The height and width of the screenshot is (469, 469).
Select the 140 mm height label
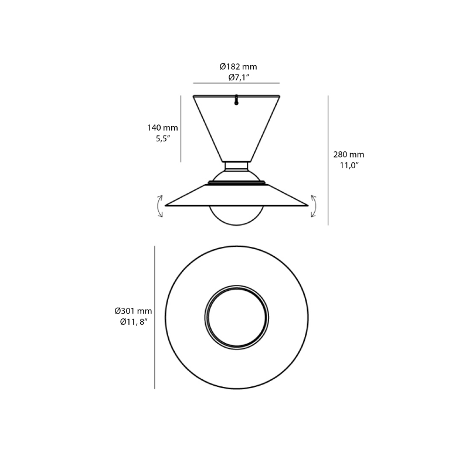pyautogui.click(x=162, y=128)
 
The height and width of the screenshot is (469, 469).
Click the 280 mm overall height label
pyautogui.click(x=348, y=155)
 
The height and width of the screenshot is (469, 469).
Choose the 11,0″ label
pyautogui.click(x=348, y=166)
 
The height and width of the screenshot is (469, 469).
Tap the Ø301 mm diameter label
pyautogui.click(x=133, y=311)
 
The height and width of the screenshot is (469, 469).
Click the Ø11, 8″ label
pyautogui.click(x=133, y=322)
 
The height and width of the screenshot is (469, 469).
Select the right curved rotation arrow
pyautogui.click(x=314, y=206)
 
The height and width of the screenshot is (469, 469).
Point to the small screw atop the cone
pyautogui.click(x=236, y=100)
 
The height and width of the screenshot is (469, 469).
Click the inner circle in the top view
pyautogui.click(x=236, y=317)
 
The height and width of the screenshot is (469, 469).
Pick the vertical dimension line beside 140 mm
pyautogui.click(x=181, y=129)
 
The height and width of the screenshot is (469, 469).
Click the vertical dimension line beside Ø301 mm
pyautogui.click(x=154, y=317)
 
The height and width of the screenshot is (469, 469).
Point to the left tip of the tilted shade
pyautogui.click(x=167, y=205)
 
